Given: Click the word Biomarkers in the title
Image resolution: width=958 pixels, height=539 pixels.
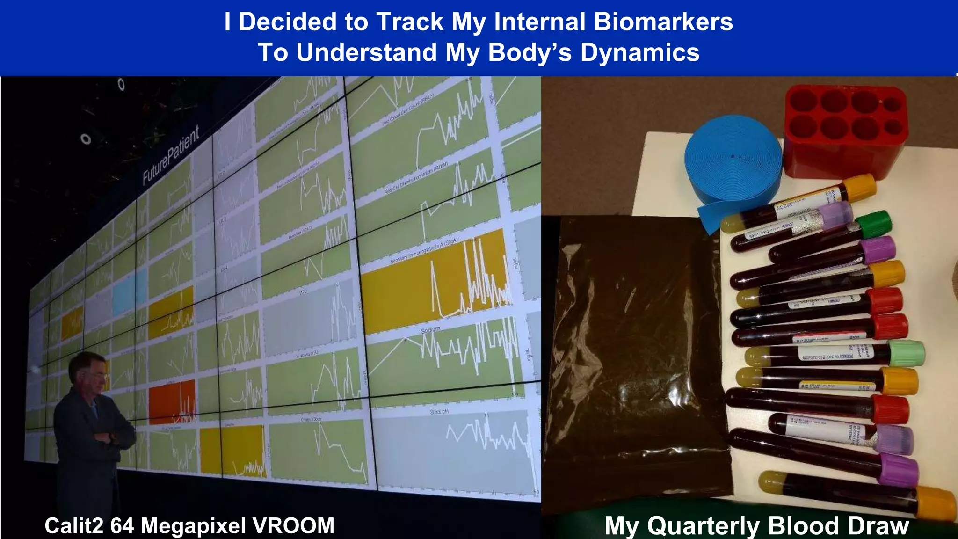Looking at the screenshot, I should pos(663,22).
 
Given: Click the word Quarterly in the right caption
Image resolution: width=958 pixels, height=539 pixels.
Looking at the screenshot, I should pos(705,525).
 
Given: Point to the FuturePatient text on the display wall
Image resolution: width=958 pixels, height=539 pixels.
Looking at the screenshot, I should pos(171,154).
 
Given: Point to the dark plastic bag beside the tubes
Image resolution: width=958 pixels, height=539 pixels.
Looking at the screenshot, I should pos(636,356).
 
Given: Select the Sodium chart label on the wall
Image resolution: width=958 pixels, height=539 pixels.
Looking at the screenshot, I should pos(430,330).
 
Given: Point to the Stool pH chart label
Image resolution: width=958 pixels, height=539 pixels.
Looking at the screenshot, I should pos(439,412).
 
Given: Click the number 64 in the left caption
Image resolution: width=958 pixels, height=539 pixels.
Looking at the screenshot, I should pos(123,525).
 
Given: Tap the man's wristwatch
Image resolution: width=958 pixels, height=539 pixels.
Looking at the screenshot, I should pos(111,437).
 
